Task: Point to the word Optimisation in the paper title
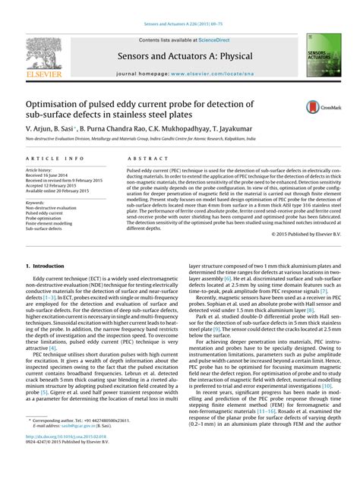pos(58,103)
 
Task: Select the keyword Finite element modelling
pos(52,224)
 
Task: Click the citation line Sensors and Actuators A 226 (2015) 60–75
pos(179,7)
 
